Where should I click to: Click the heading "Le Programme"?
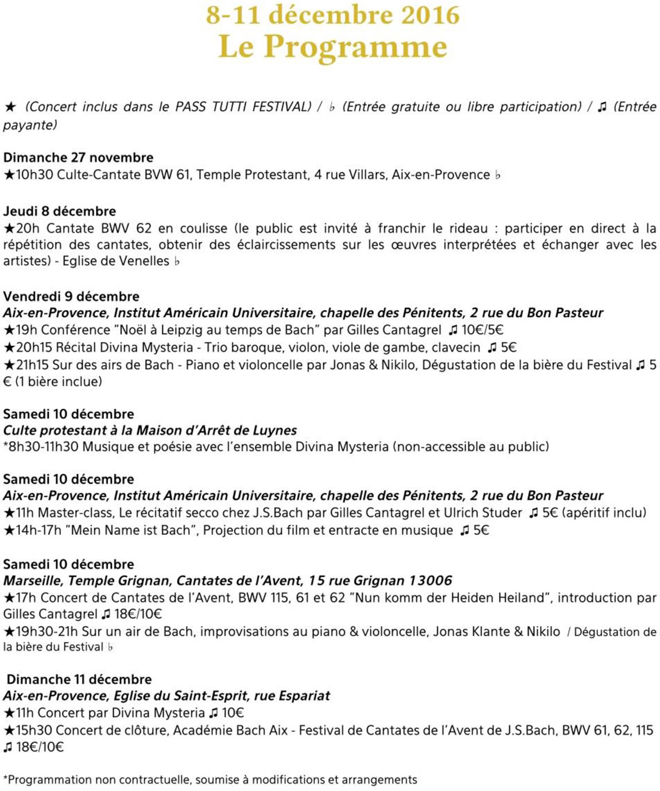tap(332, 47)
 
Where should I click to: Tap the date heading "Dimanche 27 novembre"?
tap(79, 157)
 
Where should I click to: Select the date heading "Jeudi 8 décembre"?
tap(60, 211)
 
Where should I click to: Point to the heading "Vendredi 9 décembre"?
tap(71, 296)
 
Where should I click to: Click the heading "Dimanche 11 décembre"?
tap(79, 679)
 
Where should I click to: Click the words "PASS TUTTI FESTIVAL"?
tap(243, 107)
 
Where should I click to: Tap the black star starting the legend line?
tap(10, 107)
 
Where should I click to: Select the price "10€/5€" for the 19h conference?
tap(482, 330)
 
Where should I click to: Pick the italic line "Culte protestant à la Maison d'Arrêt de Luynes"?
tap(150, 431)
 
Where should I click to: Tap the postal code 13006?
tap(430, 580)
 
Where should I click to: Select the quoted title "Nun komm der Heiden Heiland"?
tap(449, 598)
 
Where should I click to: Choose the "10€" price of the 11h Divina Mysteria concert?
tap(233, 713)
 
